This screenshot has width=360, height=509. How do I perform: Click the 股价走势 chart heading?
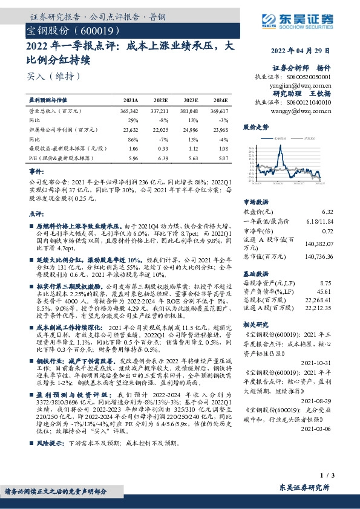[x=255, y=128]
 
